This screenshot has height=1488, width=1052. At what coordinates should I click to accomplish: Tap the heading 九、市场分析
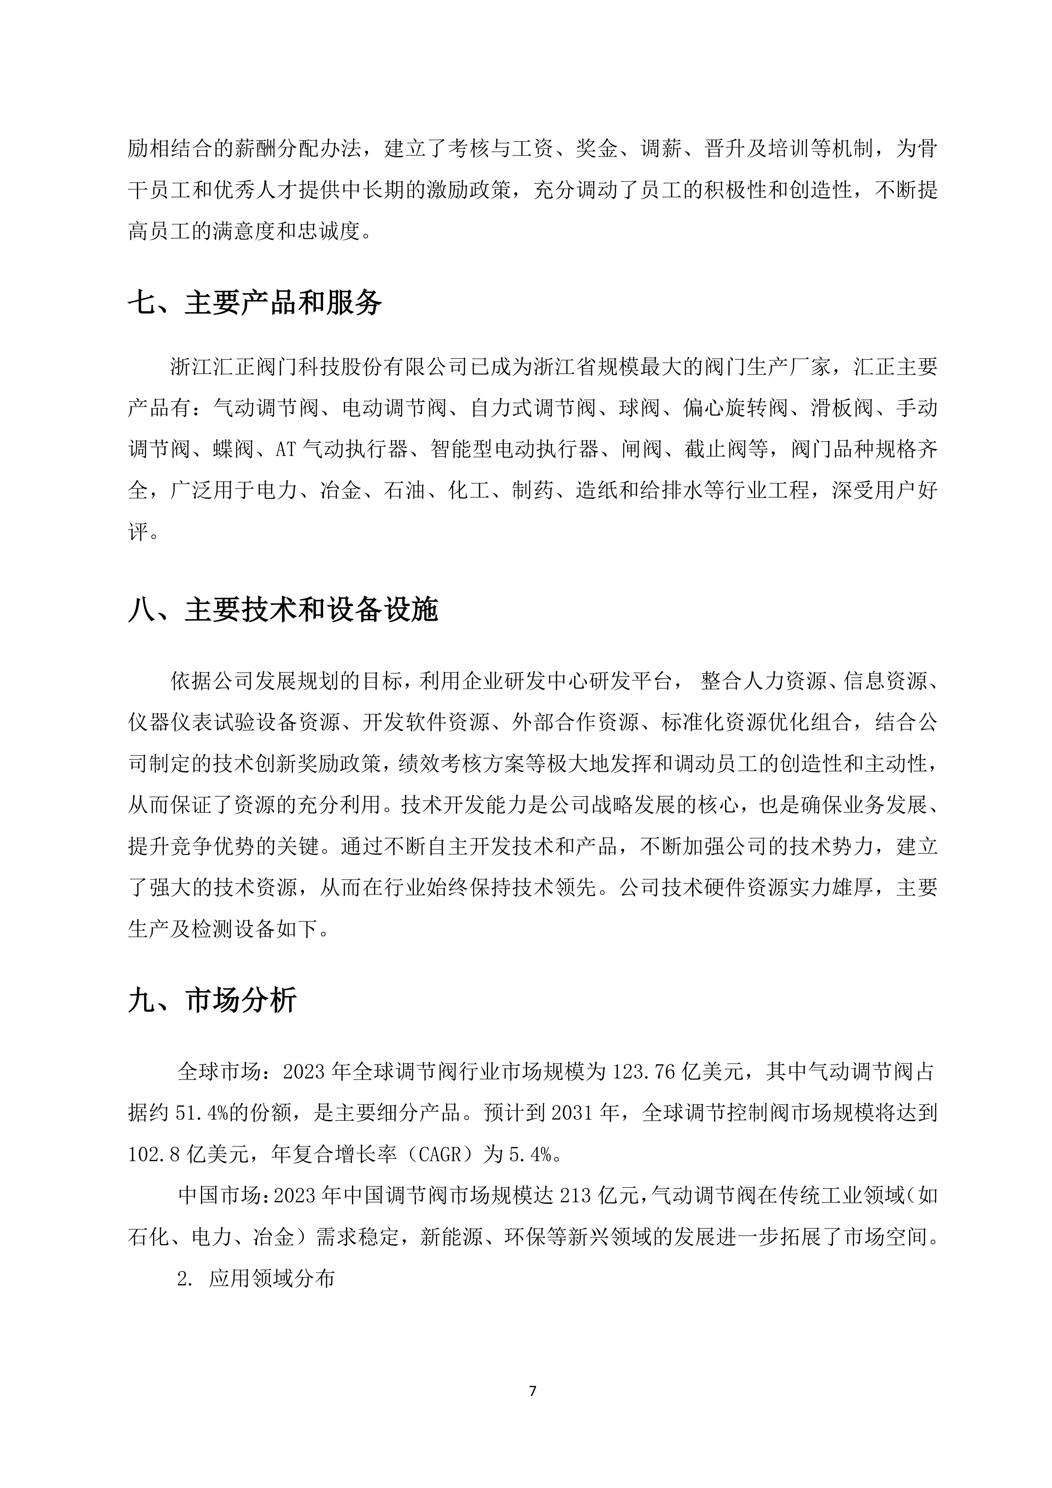(212, 1000)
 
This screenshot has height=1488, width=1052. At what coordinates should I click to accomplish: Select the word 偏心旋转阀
(734, 408)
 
